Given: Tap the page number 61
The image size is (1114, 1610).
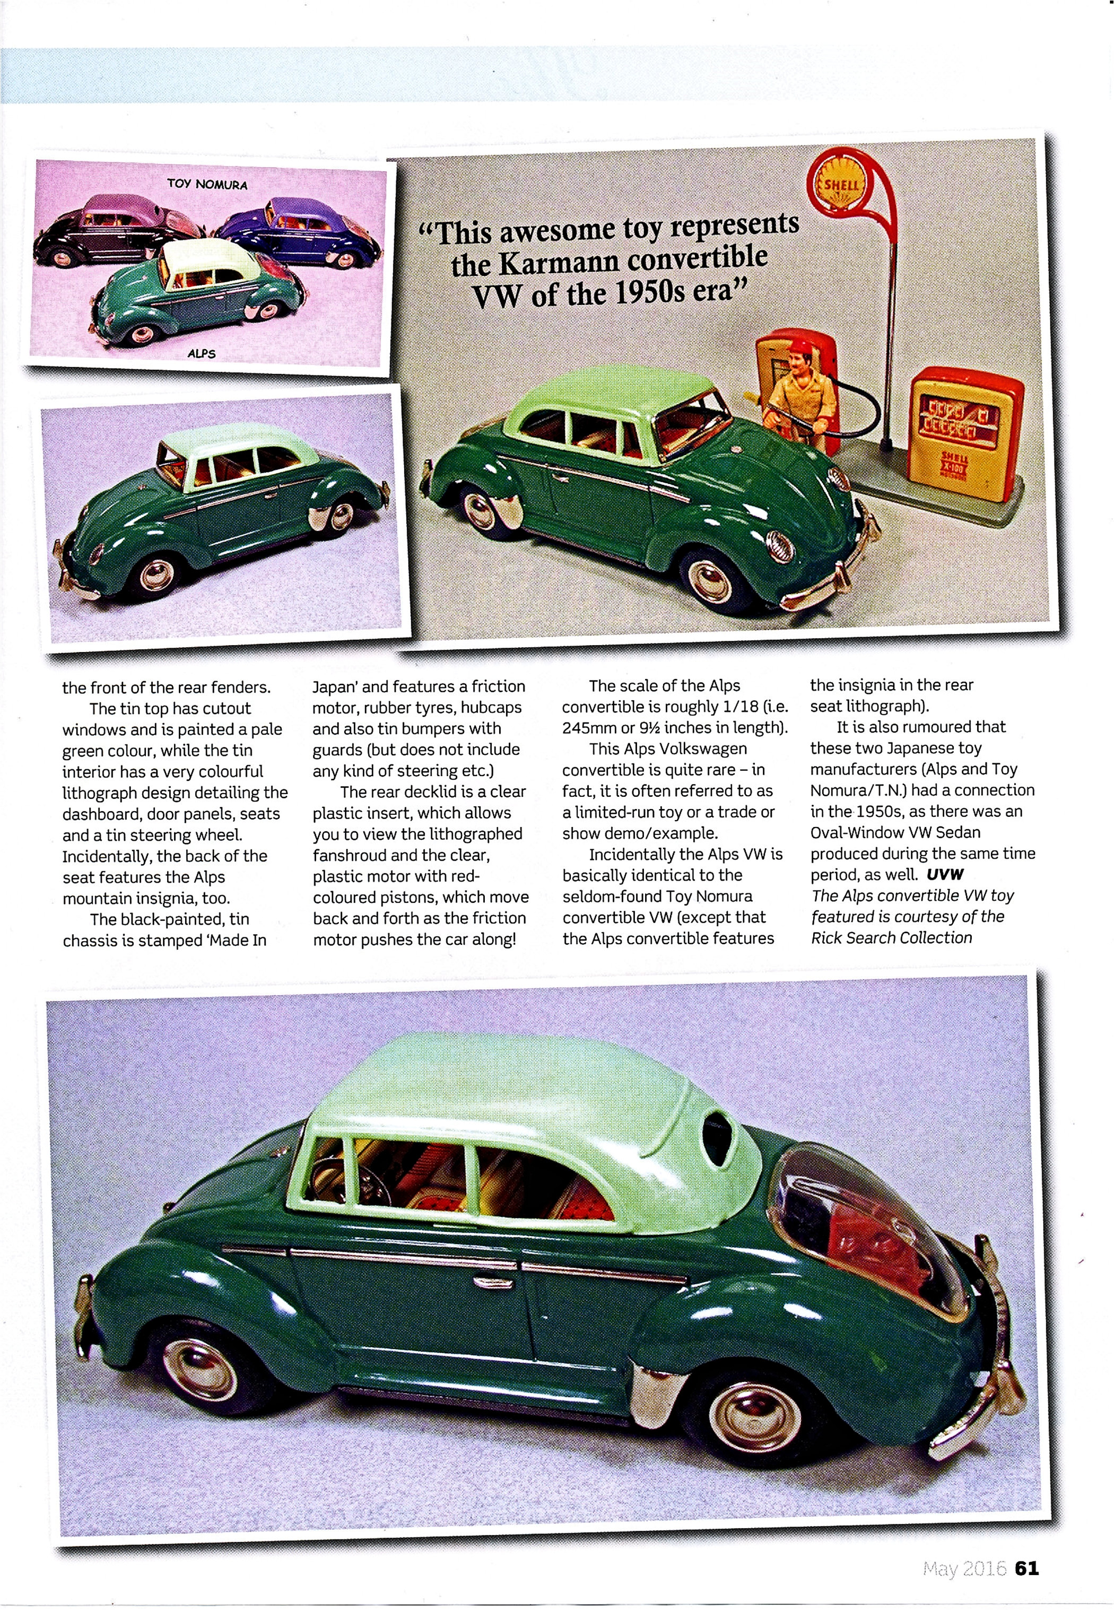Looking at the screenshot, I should (x=1027, y=1568).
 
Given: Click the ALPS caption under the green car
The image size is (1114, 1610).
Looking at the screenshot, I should (x=202, y=353).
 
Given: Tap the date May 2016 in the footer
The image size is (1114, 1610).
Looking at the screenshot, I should (x=964, y=1568).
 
